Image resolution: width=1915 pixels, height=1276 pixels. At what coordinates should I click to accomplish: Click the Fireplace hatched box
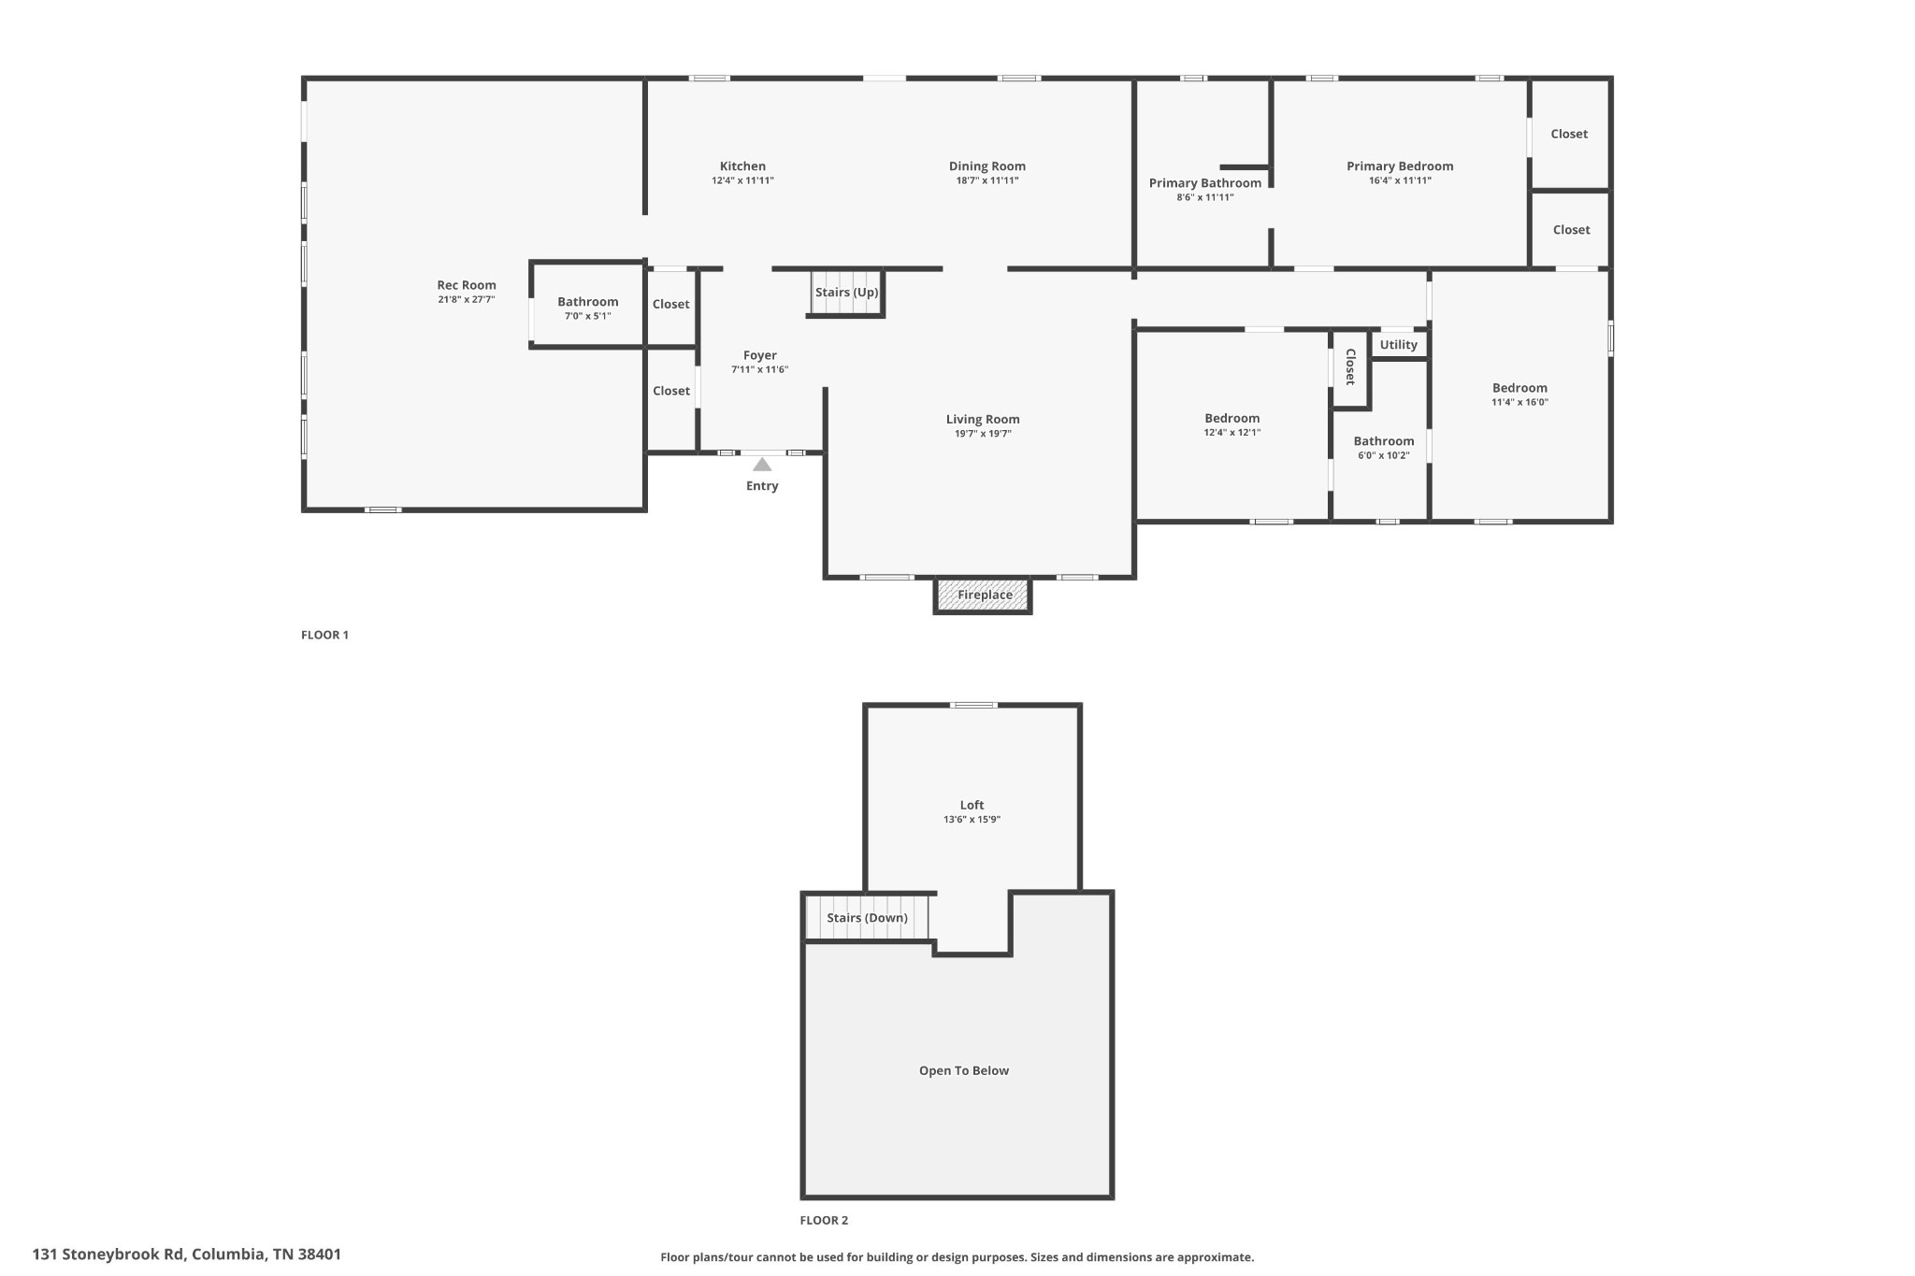click(984, 595)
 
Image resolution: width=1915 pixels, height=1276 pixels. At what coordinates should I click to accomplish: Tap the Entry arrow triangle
click(762, 465)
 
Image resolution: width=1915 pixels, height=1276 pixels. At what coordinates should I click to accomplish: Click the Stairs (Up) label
click(846, 293)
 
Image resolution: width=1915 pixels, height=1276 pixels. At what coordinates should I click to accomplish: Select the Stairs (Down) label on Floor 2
click(867, 918)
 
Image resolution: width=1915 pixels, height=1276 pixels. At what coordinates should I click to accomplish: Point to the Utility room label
click(1398, 345)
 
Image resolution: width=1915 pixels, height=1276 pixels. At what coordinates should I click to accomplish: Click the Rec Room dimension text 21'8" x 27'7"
click(466, 300)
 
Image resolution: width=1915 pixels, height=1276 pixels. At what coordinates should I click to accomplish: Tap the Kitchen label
click(742, 166)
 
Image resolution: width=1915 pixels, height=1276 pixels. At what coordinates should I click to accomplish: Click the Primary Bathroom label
click(1204, 183)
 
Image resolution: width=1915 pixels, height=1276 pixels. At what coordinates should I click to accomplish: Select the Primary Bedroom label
click(1399, 166)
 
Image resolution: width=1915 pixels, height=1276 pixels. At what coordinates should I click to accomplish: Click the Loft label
click(972, 805)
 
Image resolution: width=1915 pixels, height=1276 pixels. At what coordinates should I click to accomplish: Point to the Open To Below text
click(963, 1071)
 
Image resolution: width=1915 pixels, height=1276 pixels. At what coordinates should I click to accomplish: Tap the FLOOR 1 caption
click(324, 635)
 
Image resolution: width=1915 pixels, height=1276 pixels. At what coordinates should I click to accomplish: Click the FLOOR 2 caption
click(824, 1220)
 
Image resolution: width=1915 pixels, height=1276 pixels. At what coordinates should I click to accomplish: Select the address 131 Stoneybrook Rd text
click(187, 1254)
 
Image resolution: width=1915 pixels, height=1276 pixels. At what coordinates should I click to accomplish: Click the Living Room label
click(982, 420)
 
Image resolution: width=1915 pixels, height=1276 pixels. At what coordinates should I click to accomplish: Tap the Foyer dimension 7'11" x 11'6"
click(759, 370)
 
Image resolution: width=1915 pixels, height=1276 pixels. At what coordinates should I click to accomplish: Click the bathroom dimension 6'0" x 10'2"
click(1383, 456)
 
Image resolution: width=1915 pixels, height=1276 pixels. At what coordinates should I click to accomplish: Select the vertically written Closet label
click(1350, 366)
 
